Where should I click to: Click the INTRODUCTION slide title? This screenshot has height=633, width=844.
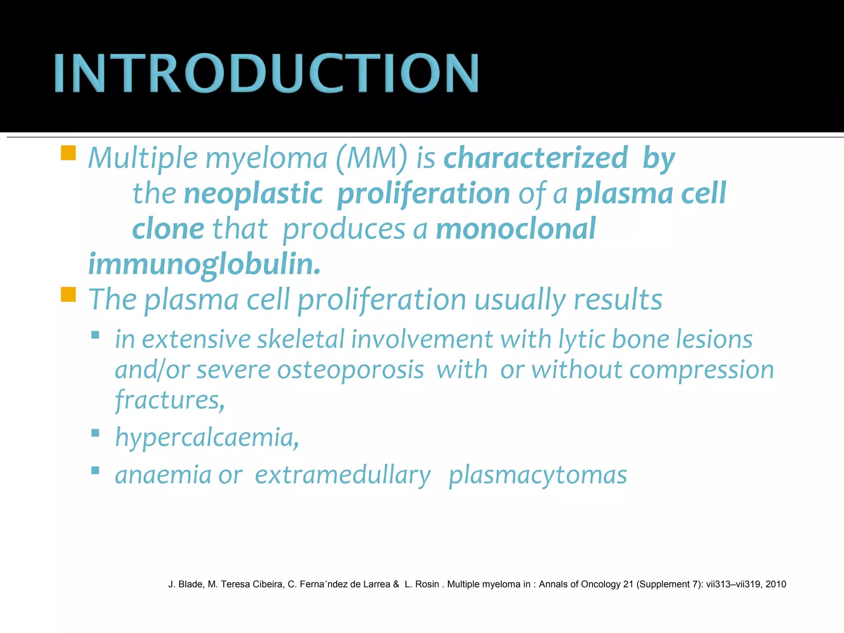pyautogui.click(x=266, y=73)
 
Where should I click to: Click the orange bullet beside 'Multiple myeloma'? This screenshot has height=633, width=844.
pyautogui.click(x=68, y=153)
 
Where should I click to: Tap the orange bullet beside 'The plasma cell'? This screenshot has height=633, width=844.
pyautogui.click(x=68, y=295)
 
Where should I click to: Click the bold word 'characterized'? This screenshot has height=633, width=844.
pyautogui.click(x=535, y=158)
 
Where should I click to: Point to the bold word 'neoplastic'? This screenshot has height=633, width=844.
pyautogui.click(x=253, y=194)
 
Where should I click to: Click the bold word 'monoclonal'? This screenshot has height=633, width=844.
pyautogui.click(x=516, y=229)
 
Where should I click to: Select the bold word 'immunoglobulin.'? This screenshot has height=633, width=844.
pyautogui.click(x=204, y=265)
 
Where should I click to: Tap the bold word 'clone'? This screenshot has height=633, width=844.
pyautogui.click(x=168, y=229)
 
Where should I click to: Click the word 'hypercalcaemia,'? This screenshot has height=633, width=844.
pyautogui.click(x=207, y=438)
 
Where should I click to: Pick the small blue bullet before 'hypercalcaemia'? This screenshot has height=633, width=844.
pyautogui.click(x=95, y=433)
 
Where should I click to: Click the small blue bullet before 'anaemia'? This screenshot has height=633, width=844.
pyautogui.click(x=95, y=471)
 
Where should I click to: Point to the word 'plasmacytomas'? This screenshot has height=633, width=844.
pyautogui.click(x=537, y=475)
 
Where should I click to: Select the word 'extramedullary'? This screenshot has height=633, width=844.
pyautogui.click(x=342, y=475)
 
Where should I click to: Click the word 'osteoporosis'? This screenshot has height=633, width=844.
pyautogui.click(x=351, y=370)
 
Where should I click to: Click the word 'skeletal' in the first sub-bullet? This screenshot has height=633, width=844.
pyautogui.click(x=300, y=340)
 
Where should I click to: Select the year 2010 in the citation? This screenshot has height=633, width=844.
pyautogui.click(x=776, y=584)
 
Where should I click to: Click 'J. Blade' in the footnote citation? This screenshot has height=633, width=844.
pyautogui.click(x=185, y=584)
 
